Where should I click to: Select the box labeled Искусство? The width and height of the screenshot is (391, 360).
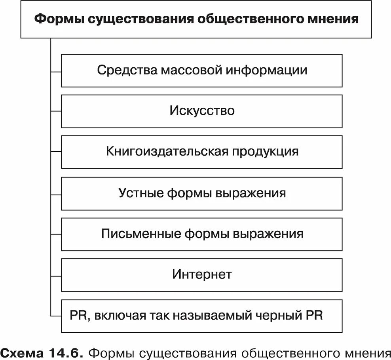pyautogui.click(x=202, y=111)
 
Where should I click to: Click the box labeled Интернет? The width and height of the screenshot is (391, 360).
pyautogui.click(x=202, y=275)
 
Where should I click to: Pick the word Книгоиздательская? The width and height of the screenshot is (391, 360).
pyautogui.click(x=167, y=152)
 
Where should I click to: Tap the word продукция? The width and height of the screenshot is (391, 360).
pyautogui.click(x=265, y=152)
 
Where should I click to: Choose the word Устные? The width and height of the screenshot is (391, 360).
pyautogui.click(x=140, y=193)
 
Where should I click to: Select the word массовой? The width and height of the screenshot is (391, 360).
pyautogui.click(x=192, y=70)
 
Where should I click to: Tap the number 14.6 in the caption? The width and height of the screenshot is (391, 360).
pyautogui.click(x=66, y=352)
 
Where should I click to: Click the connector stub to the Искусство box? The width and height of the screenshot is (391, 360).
pyautogui.click(x=56, y=111)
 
